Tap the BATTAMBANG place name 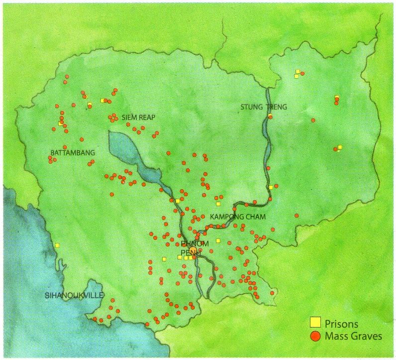(73, 152)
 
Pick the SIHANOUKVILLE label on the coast (74, 295)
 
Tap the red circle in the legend (314, 336)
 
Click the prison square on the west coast (57, 245)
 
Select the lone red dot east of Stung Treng (313, 120)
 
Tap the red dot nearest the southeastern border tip (272, 293)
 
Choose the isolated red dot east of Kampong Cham (297, 216)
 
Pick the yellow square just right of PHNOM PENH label (218, 241)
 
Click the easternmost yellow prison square (340, 147)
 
